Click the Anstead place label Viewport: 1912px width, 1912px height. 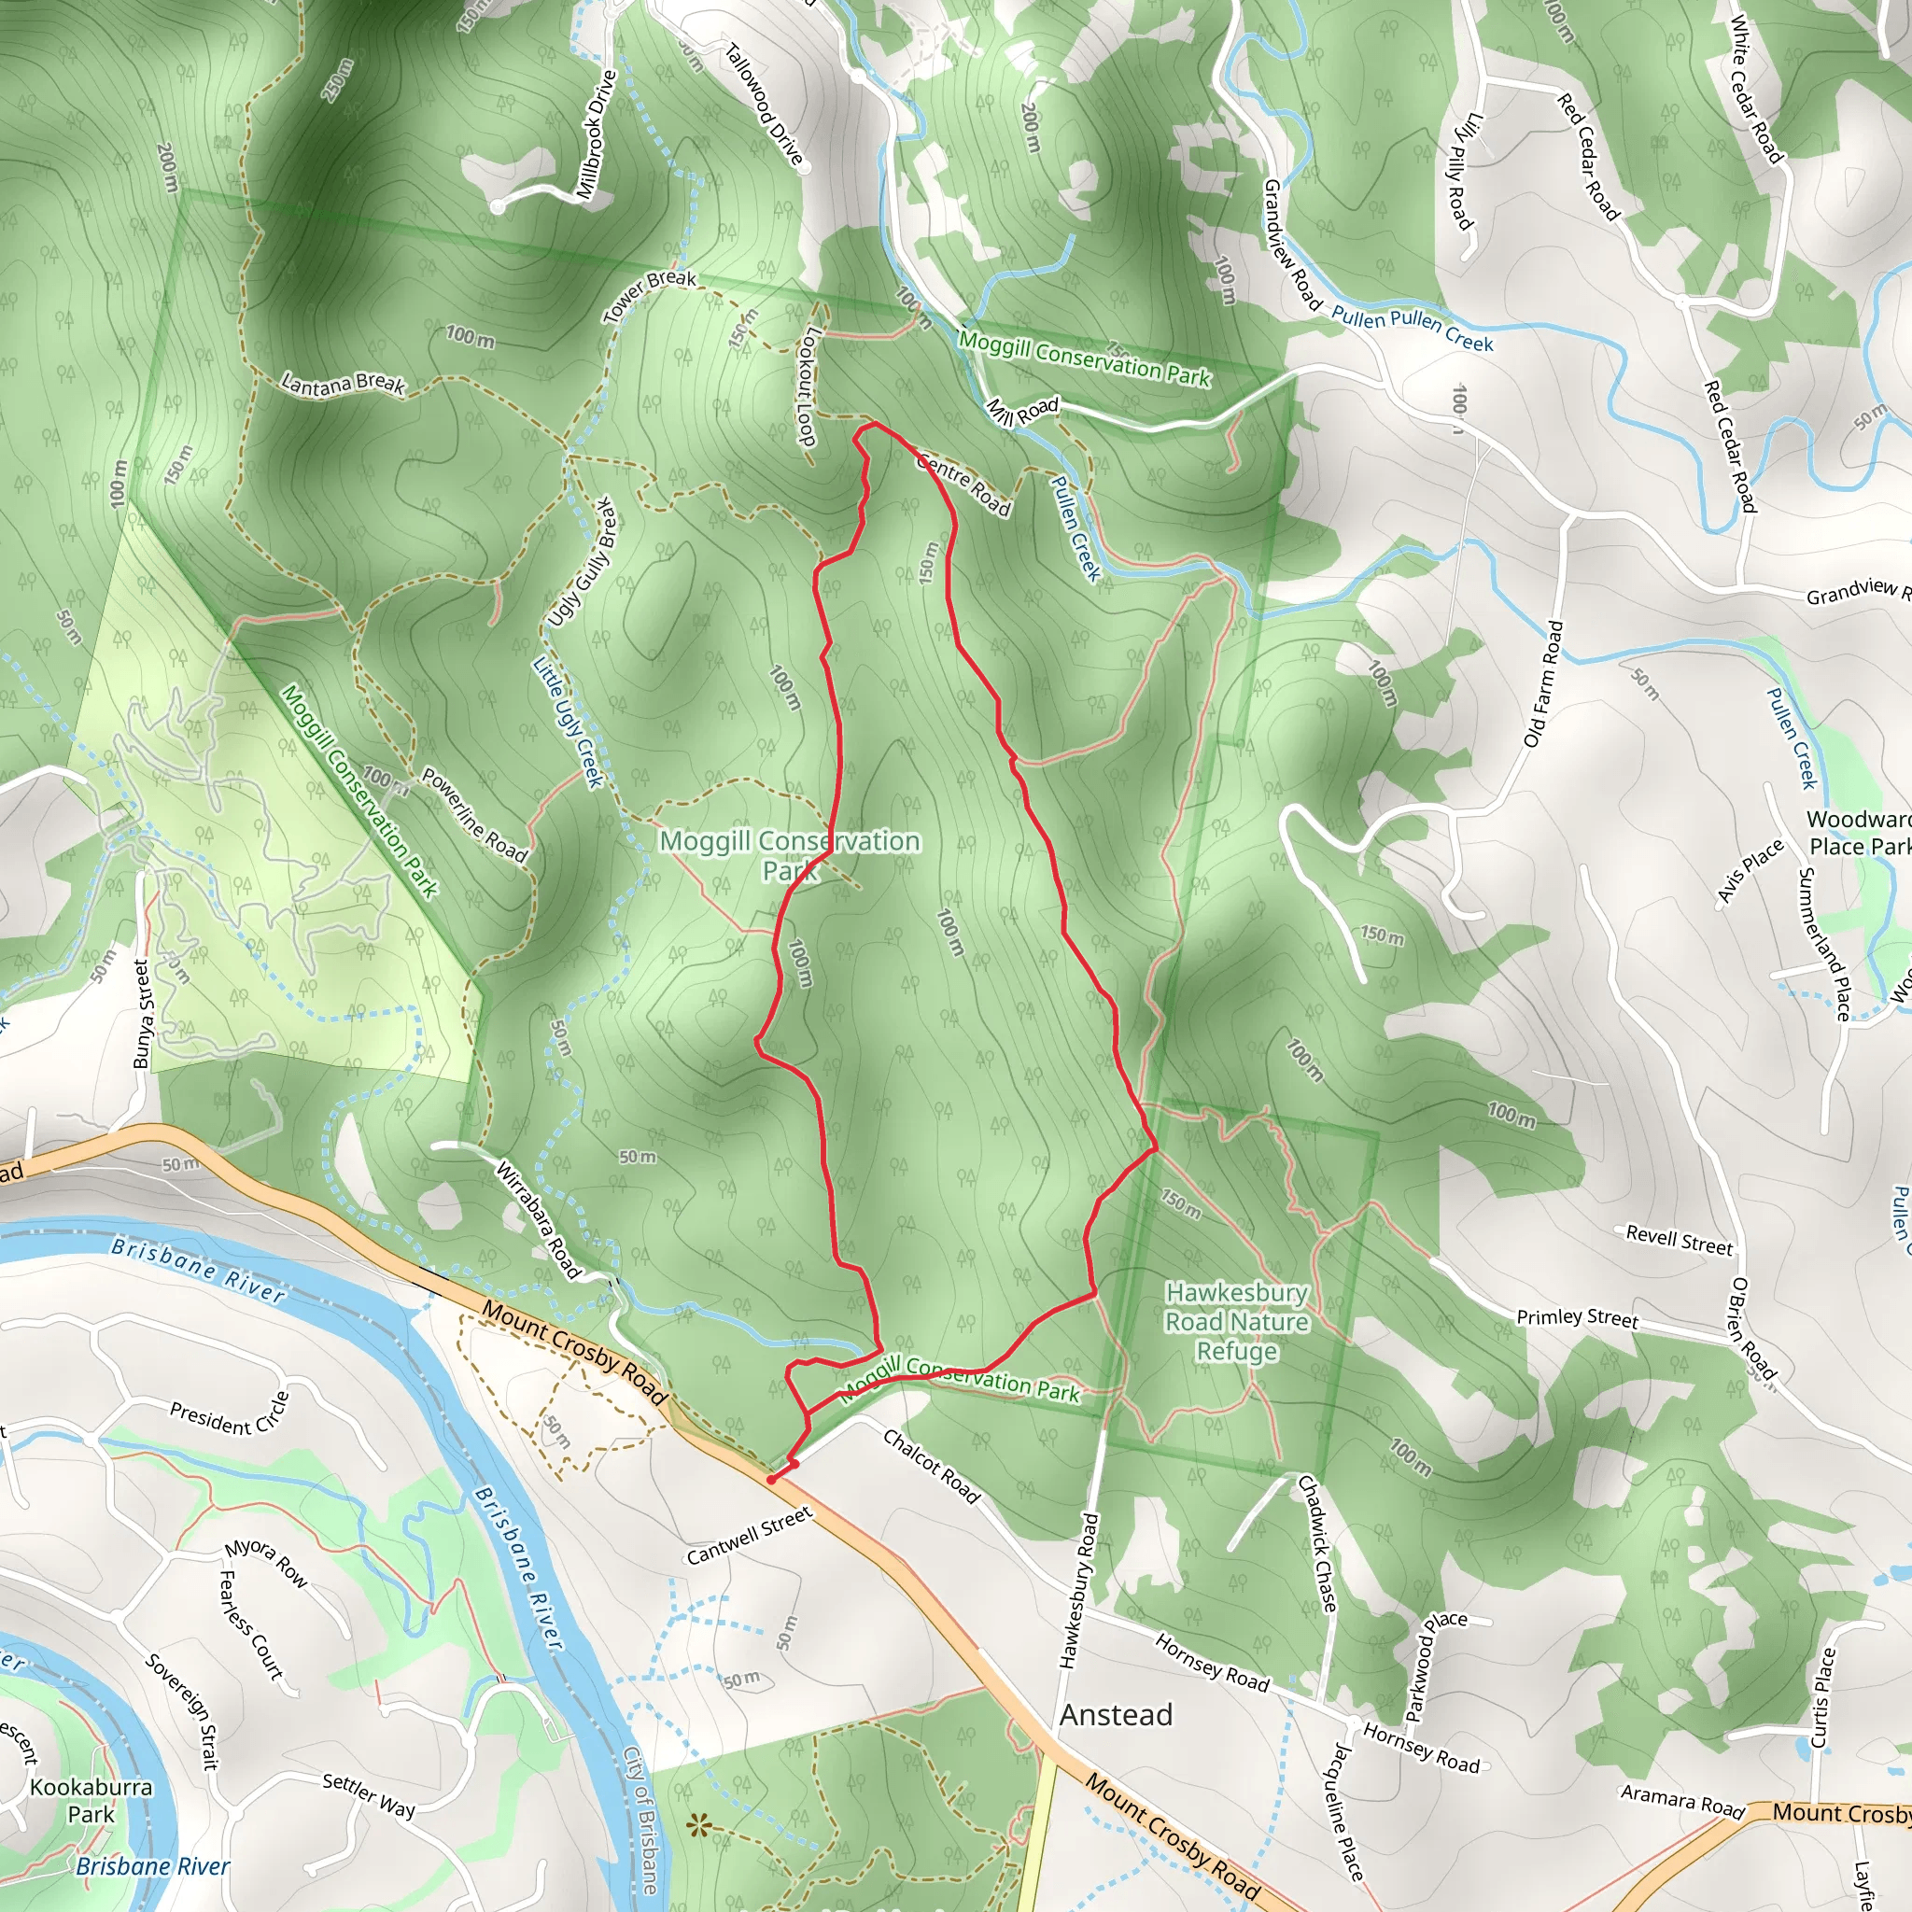tap(1116, 1715)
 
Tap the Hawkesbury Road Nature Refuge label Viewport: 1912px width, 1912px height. tap(1236, 1322)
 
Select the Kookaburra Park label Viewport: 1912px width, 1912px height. tap(91, 1800)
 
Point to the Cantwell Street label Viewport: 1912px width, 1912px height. tap(749, 1536)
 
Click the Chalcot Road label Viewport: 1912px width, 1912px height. tap(930, 1466)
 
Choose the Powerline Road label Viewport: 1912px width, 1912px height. tap(474, 813)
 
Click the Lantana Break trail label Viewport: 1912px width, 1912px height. tap(343, 384)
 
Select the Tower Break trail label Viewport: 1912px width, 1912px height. tap(649, 296)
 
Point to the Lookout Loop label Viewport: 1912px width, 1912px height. tap(808, 386)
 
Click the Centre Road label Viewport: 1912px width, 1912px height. tap(963, 483)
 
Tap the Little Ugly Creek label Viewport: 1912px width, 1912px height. tap(568, 723)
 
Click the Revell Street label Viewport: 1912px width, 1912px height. tap(1679, 1240)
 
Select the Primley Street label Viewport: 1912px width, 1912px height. tap(1577, 1317)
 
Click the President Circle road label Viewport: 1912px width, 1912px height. tap(229, 1414)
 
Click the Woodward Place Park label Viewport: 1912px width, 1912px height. tap(1859, 832)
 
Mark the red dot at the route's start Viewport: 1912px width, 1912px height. tap(770, 1480)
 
